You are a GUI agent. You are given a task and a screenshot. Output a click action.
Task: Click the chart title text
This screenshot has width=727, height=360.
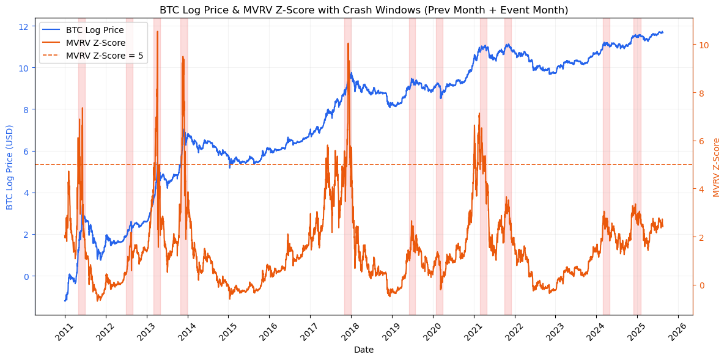pos(364,10)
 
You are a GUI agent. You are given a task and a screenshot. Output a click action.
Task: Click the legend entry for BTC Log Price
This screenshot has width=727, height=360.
pos(95,30)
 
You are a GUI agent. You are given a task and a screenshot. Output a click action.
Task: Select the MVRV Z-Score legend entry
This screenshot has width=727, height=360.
pos(95,43)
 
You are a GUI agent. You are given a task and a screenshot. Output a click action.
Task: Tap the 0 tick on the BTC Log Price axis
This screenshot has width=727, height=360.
pos(25,276)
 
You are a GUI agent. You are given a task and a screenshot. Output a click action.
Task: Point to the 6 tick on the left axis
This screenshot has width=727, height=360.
pos(25,151)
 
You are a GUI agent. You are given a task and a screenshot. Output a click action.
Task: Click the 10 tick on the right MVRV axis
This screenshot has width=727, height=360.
pos(703,45)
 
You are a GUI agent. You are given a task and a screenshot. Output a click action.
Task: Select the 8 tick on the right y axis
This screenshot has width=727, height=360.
pos(701,94)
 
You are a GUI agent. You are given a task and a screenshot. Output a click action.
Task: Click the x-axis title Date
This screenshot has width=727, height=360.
pos(364,350)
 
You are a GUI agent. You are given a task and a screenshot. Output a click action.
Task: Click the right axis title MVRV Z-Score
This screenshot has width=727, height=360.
pos(717,166)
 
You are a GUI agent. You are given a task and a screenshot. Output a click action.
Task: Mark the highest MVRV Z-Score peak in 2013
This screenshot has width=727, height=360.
pos(157,32)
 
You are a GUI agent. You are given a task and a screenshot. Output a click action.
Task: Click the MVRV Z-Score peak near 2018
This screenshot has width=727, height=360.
pos(348,43)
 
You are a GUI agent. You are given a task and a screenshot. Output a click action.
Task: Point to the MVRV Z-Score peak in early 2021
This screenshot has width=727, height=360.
pos(479,114)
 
